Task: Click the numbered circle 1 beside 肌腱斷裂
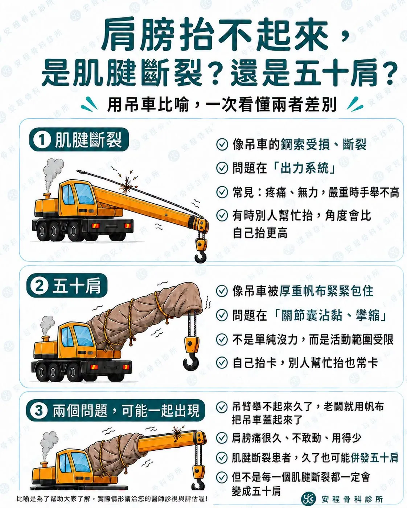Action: [42, 140]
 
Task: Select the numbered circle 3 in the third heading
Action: [39, 410]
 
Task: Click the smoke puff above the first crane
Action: [53, 169]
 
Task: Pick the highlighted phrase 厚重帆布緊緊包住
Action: [326, 291]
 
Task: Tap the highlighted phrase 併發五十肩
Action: [374, 457]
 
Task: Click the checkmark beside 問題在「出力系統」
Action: [222, 168]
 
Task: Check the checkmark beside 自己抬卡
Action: [222, 363]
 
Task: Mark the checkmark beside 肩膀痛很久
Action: [222, 438]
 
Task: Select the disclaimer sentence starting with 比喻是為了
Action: [112, 499]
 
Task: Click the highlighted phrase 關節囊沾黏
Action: [312, 315]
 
